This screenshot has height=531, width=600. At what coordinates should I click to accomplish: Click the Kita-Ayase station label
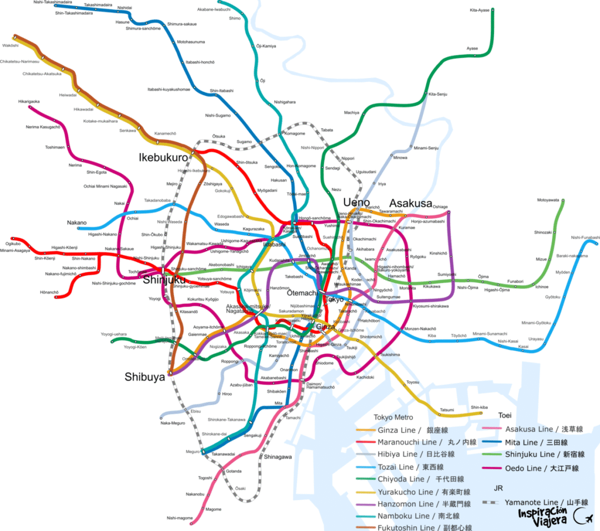(x=479, y=10)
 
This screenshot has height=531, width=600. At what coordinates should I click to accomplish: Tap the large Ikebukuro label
(x=163, y=157)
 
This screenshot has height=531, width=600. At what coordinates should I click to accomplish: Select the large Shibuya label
(x=144, y=377)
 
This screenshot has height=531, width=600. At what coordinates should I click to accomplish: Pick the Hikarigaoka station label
(x=29, y=101)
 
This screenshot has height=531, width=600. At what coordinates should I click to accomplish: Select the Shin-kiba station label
(x=479, y=407)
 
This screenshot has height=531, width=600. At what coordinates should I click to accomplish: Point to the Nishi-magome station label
(x=179, y=518)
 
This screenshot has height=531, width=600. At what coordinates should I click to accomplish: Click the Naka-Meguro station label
(x=173, y=423)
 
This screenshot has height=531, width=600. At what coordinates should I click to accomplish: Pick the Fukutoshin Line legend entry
(x=412, y=527)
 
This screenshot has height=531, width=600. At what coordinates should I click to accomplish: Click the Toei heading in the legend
(x=505, y=415)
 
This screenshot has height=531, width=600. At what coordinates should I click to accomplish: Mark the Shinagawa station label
(x=278, y=457)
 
